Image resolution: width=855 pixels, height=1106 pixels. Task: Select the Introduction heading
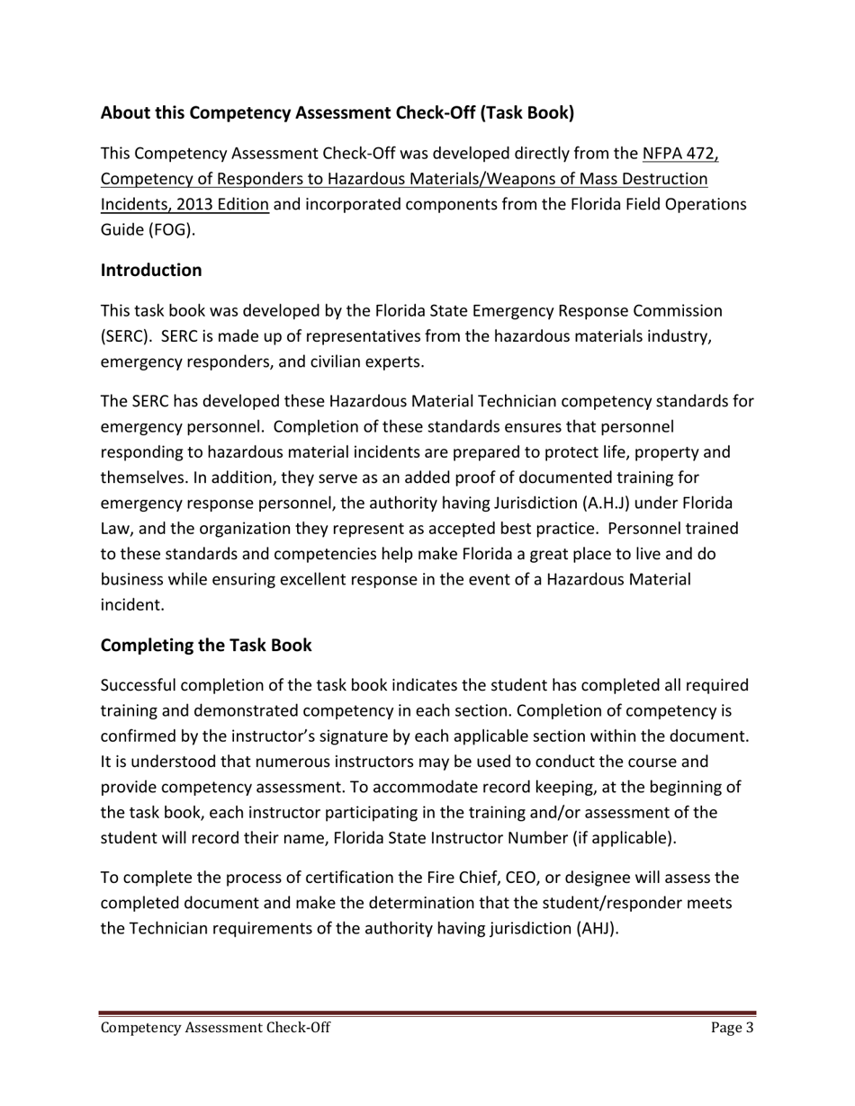pos(151,270)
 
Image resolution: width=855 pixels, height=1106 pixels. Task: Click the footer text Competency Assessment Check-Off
pos(215,1029)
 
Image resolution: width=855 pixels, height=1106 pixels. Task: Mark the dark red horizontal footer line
pos(427,1013)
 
